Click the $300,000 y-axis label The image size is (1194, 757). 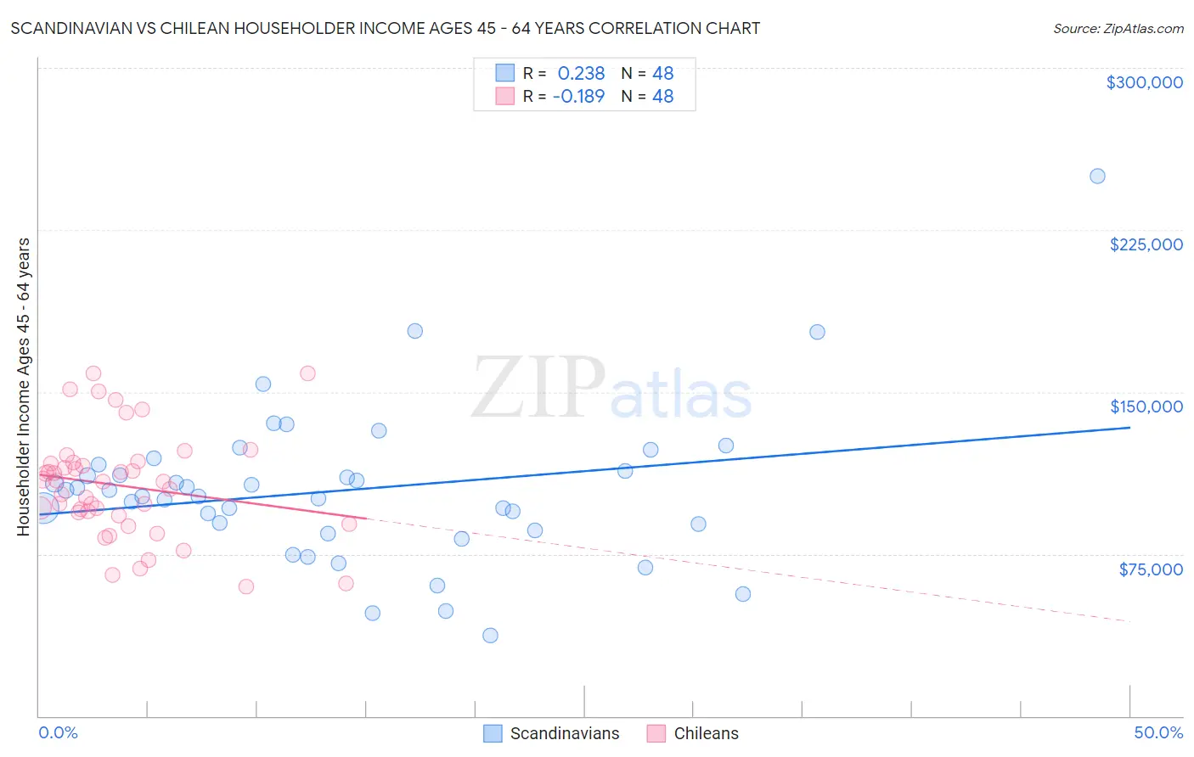pyautogui.click(x=1144, y=82)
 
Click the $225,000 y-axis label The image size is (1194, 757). pyautogui.click(x=1146, y=244)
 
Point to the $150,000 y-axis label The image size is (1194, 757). pyautogui.click(x=1146, y=407)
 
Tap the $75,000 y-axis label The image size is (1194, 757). pyautogui.click(x=1150, y=569)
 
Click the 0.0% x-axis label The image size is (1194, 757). pyautogui.click(x=58, y=732)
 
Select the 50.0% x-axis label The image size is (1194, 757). pyautogui.click(x=1157, y=732)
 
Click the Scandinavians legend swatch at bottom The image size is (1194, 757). pyautogui.click(x=493, y=733)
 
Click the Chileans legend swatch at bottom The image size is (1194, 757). pyautogui.click(x=656, y=733)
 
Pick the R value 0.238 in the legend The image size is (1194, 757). pyautogui.click(x=581, y=73)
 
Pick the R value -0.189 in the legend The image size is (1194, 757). pyautogui.click(x=578, y=96)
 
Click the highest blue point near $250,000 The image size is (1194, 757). pyautogui.click(x=1097, y=177)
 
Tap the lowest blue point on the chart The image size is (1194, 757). pyautogui.click(x=490, y=636)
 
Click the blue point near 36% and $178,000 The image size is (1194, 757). pyautogui.click(x=817, y=332)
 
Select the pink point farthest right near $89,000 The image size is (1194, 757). pyautogui.click(x=349, y=524)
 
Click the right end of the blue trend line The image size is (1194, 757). pyautogui.click(x=1129, y=428)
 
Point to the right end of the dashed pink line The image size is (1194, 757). pyautogui.click(x=1129, y=622)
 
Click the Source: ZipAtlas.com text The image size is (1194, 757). pyautogui.click(x=1118, y=28)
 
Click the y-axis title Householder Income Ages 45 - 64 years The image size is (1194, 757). pyautogui.click(x=24, y=387)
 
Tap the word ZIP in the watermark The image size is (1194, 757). pyautogui.click(x=538, y=389)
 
